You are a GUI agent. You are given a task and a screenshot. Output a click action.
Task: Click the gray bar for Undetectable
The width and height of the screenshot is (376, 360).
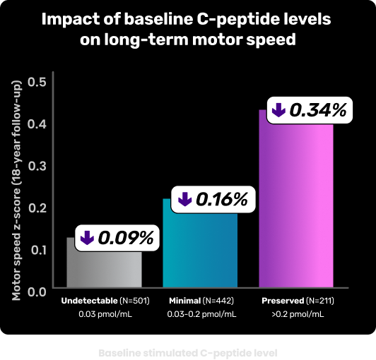[104, 268]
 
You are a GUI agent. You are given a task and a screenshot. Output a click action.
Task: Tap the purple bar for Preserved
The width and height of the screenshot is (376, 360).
[296, 212]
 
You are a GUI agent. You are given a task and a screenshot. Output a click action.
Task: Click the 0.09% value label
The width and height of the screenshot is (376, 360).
[126, 238]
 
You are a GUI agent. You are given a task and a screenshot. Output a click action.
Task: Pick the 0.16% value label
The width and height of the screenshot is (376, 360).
[221, 200]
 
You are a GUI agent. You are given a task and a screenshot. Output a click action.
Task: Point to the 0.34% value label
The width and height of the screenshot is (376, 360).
[318, 110]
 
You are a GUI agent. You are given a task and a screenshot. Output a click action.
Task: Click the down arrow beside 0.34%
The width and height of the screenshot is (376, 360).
[278, 110]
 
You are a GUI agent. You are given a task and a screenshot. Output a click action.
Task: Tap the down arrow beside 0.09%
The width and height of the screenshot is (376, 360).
[87, 238]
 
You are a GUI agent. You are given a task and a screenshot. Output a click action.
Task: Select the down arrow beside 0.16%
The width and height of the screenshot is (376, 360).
[184, 200]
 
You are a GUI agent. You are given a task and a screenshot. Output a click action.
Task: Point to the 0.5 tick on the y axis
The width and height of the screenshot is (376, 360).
[36, 81]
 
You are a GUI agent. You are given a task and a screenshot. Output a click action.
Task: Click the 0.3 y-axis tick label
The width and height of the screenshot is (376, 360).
[36, 165]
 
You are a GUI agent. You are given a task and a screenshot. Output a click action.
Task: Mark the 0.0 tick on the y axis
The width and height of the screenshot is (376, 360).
[36, 290]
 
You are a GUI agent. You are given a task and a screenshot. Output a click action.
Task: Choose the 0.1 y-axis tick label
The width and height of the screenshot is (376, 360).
[36, 248]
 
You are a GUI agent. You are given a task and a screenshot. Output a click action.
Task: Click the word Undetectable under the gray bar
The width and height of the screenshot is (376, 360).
[88, 301]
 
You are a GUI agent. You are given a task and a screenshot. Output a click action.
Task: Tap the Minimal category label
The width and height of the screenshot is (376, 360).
[185, 301]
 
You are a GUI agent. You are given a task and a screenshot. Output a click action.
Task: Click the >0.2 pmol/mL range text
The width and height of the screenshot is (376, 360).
[296, 314]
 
